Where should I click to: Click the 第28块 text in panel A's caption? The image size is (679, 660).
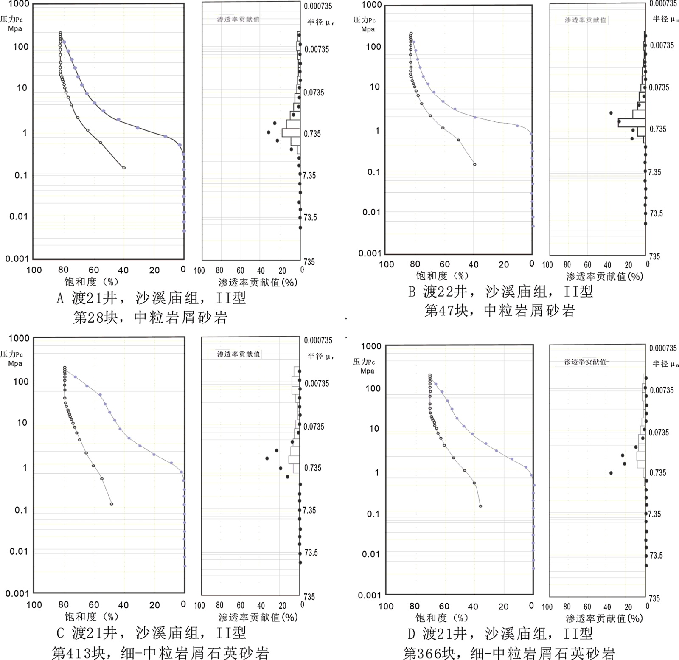pos(95,317)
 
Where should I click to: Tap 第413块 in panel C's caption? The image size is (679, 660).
pos(78,652)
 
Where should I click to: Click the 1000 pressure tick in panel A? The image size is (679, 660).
pos(19,4)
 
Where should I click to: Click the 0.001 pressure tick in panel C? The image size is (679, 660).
pos(17,593)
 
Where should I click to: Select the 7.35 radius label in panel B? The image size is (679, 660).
pos(654,172)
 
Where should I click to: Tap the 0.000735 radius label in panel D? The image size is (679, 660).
pos(663,348)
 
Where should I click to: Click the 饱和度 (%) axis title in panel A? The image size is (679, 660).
pos(91,281)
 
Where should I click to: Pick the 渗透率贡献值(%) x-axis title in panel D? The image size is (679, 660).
pos(604,618)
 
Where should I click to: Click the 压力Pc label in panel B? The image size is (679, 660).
pos(364,20)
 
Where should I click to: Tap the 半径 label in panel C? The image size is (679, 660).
pos(315,356)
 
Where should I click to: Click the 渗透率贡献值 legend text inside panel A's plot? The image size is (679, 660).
pos(238,20)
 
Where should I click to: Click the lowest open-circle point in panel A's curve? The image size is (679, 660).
pos(124,168)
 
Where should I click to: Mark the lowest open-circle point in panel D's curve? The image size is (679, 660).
pos(480,506)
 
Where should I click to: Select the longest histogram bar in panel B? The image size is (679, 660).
pos(631,123)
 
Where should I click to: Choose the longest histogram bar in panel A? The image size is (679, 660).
pos(291,132)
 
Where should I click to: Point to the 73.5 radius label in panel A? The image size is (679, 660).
pos(310,217)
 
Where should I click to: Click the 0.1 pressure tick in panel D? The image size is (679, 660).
pos(373,514)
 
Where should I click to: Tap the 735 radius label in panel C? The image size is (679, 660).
pos(309,597)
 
